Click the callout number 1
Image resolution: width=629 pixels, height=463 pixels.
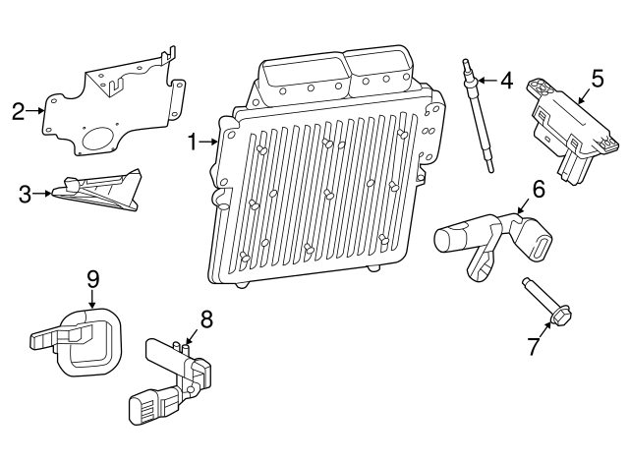coord(194,143)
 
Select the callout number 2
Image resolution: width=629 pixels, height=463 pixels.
coord(18,111)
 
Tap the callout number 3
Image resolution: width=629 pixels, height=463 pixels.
coord(25,194)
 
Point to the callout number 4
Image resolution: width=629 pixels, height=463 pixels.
coord(506,80)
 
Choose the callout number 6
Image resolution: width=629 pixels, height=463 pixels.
coord(538,187)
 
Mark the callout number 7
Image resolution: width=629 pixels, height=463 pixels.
coord(534,346)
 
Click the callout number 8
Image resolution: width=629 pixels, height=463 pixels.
coord(205,318)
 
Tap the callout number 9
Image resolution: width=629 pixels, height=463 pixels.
coord(92,278)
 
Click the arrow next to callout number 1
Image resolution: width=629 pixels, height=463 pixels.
coord(210,143)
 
